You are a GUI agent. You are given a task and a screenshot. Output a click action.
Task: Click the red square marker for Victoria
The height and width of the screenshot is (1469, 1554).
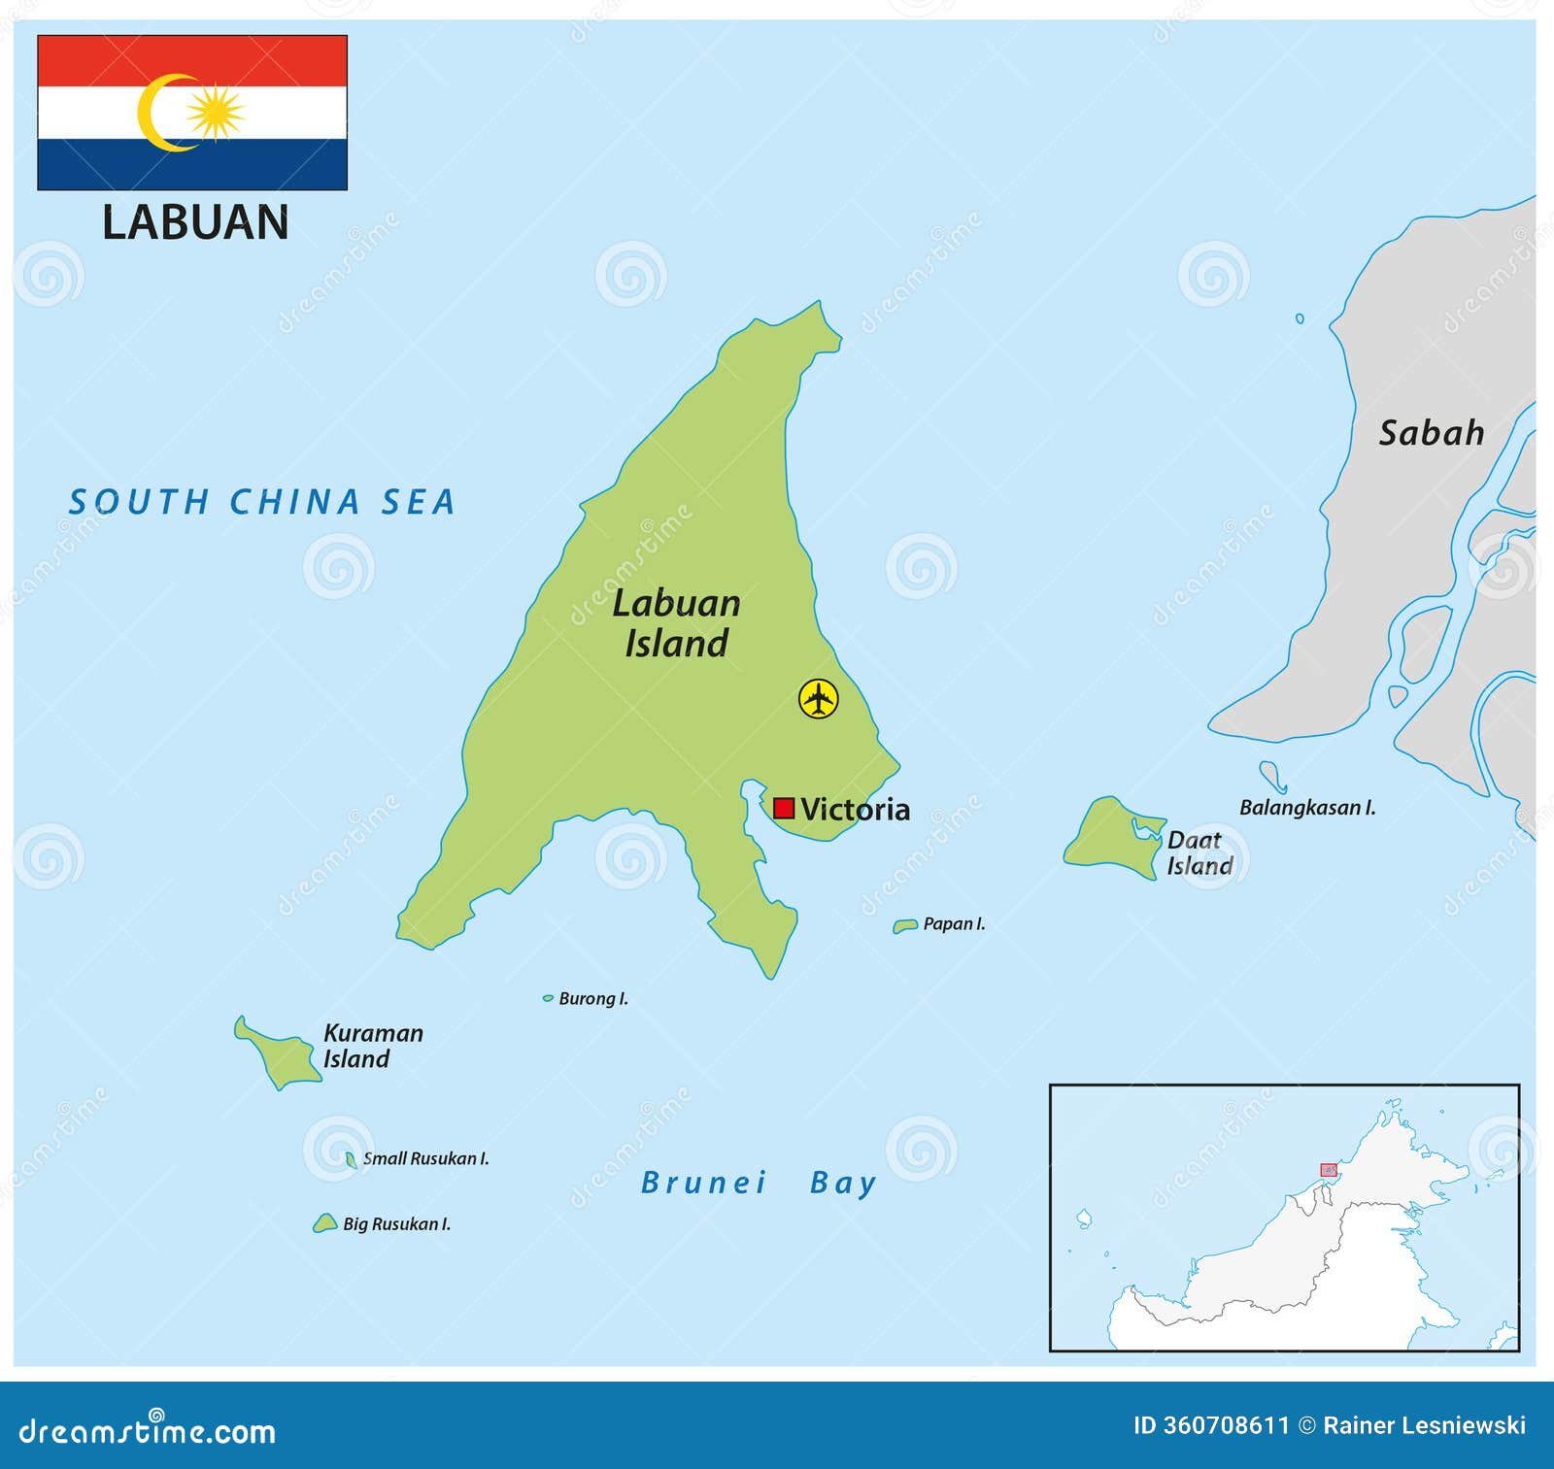click(784, 809)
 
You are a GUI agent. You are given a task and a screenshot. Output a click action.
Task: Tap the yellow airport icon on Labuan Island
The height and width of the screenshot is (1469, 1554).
click(819, 698)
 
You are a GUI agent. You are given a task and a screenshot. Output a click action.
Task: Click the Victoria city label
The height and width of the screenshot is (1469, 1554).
click(855, 810)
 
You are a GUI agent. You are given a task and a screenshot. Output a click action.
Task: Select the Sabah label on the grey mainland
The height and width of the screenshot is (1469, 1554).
click(1432, 433)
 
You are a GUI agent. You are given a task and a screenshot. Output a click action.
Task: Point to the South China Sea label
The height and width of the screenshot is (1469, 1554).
click(261, 502)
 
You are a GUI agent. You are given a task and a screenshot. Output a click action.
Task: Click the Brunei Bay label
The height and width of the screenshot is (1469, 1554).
click(759, 1183)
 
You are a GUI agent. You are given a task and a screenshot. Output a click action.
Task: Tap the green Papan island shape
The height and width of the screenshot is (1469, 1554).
click(904, 926)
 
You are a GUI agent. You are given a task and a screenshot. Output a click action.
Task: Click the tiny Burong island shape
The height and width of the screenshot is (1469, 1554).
click(548, 998)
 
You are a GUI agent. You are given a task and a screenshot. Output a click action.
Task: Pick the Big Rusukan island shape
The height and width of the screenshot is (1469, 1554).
click(324, 1224)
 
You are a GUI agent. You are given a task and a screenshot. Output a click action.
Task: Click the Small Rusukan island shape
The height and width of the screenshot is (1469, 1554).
click(351, 1159)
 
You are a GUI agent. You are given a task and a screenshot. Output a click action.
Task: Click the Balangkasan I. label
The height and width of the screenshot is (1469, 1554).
click(1307, 808)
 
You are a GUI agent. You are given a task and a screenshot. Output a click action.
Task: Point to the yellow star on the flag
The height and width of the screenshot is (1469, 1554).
click(215, 113)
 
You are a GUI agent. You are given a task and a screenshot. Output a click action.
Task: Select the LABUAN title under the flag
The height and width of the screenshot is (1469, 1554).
click(195, 222)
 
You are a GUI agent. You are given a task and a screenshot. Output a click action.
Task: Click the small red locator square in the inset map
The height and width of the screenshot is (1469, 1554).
click(1328, 1170)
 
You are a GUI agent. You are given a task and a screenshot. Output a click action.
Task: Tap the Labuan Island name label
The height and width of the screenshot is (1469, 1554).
click(676, 623)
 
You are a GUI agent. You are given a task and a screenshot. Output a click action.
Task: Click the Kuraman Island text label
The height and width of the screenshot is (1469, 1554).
click(372, 1046)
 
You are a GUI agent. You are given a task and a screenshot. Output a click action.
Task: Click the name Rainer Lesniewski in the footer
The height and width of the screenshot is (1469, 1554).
click(1424, 1425)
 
